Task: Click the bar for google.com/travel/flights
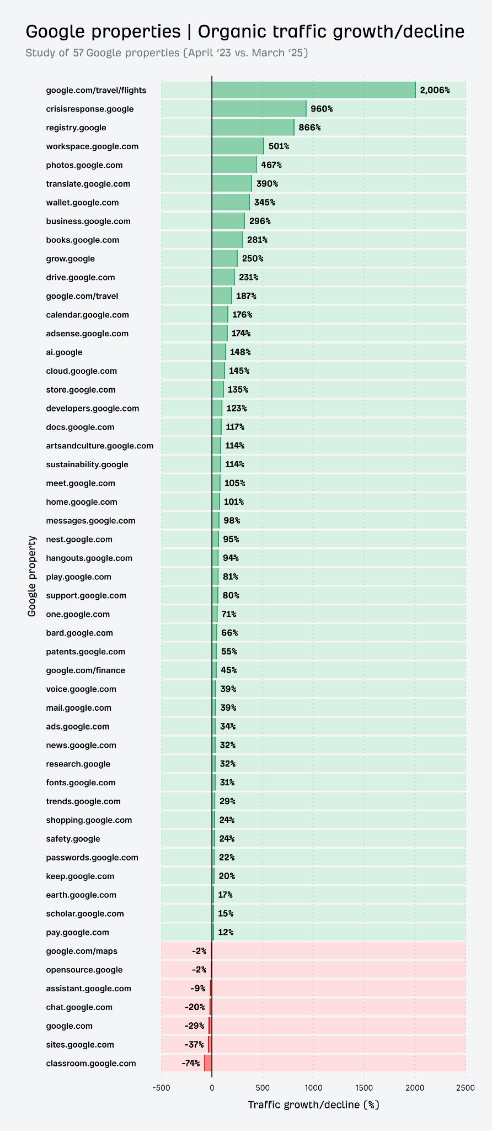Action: [x=313, y=90]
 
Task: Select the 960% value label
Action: [x=322, y=109]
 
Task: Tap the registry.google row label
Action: [x=76, y=128]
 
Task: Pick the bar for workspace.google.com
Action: [x=238, y=146]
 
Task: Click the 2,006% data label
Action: [x=435, y=90]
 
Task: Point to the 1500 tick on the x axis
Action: [x=364, y=1088]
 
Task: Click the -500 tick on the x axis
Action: [x=161, y=1088]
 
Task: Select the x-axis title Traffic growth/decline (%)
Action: [x=313, y=1104]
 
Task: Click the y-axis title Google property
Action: [x=32, y=576]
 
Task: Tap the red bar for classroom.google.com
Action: [x=208, y=1063]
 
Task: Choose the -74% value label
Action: [x=191, y=1063]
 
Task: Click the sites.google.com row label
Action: [x=80, y=1044]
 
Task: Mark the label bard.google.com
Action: [x=79, y=633]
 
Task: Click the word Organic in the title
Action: [x=232, y=31]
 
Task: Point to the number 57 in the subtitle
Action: [x=78, y=53]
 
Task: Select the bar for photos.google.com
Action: [x=234, y=165]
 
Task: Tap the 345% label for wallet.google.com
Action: [x=264, y=203]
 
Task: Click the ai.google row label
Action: [x=64, y=352]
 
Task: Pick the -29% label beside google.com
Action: [x=194, y=1026]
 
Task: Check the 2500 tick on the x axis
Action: [x=466, y=1088]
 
